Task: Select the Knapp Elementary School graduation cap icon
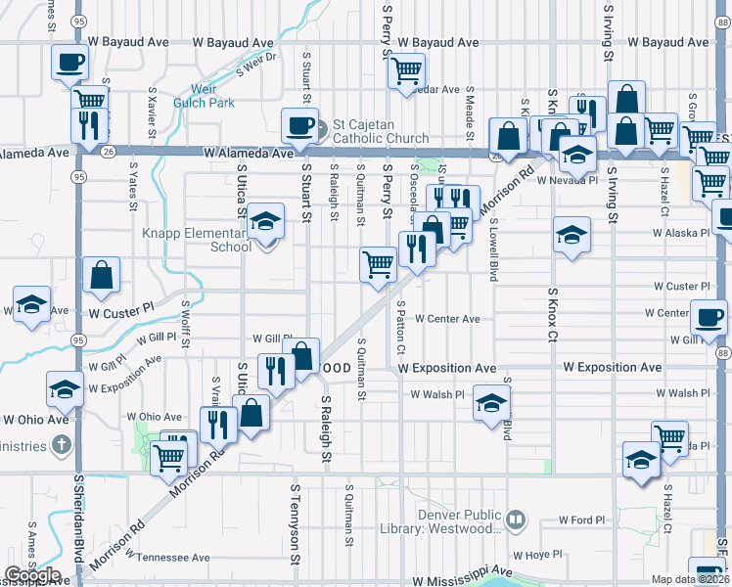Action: click(264, 223)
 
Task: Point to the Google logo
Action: click(31, 575)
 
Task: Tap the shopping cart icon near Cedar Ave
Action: click(405, 69)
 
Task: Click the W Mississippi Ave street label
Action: click(462, 580)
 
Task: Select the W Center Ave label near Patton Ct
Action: click(446, 319)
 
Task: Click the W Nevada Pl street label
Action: click(567, 180)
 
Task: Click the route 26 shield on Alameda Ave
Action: click(107, 152)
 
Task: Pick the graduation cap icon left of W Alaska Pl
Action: click(572, 235)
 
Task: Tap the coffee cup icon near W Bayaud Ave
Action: click(70, 63)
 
